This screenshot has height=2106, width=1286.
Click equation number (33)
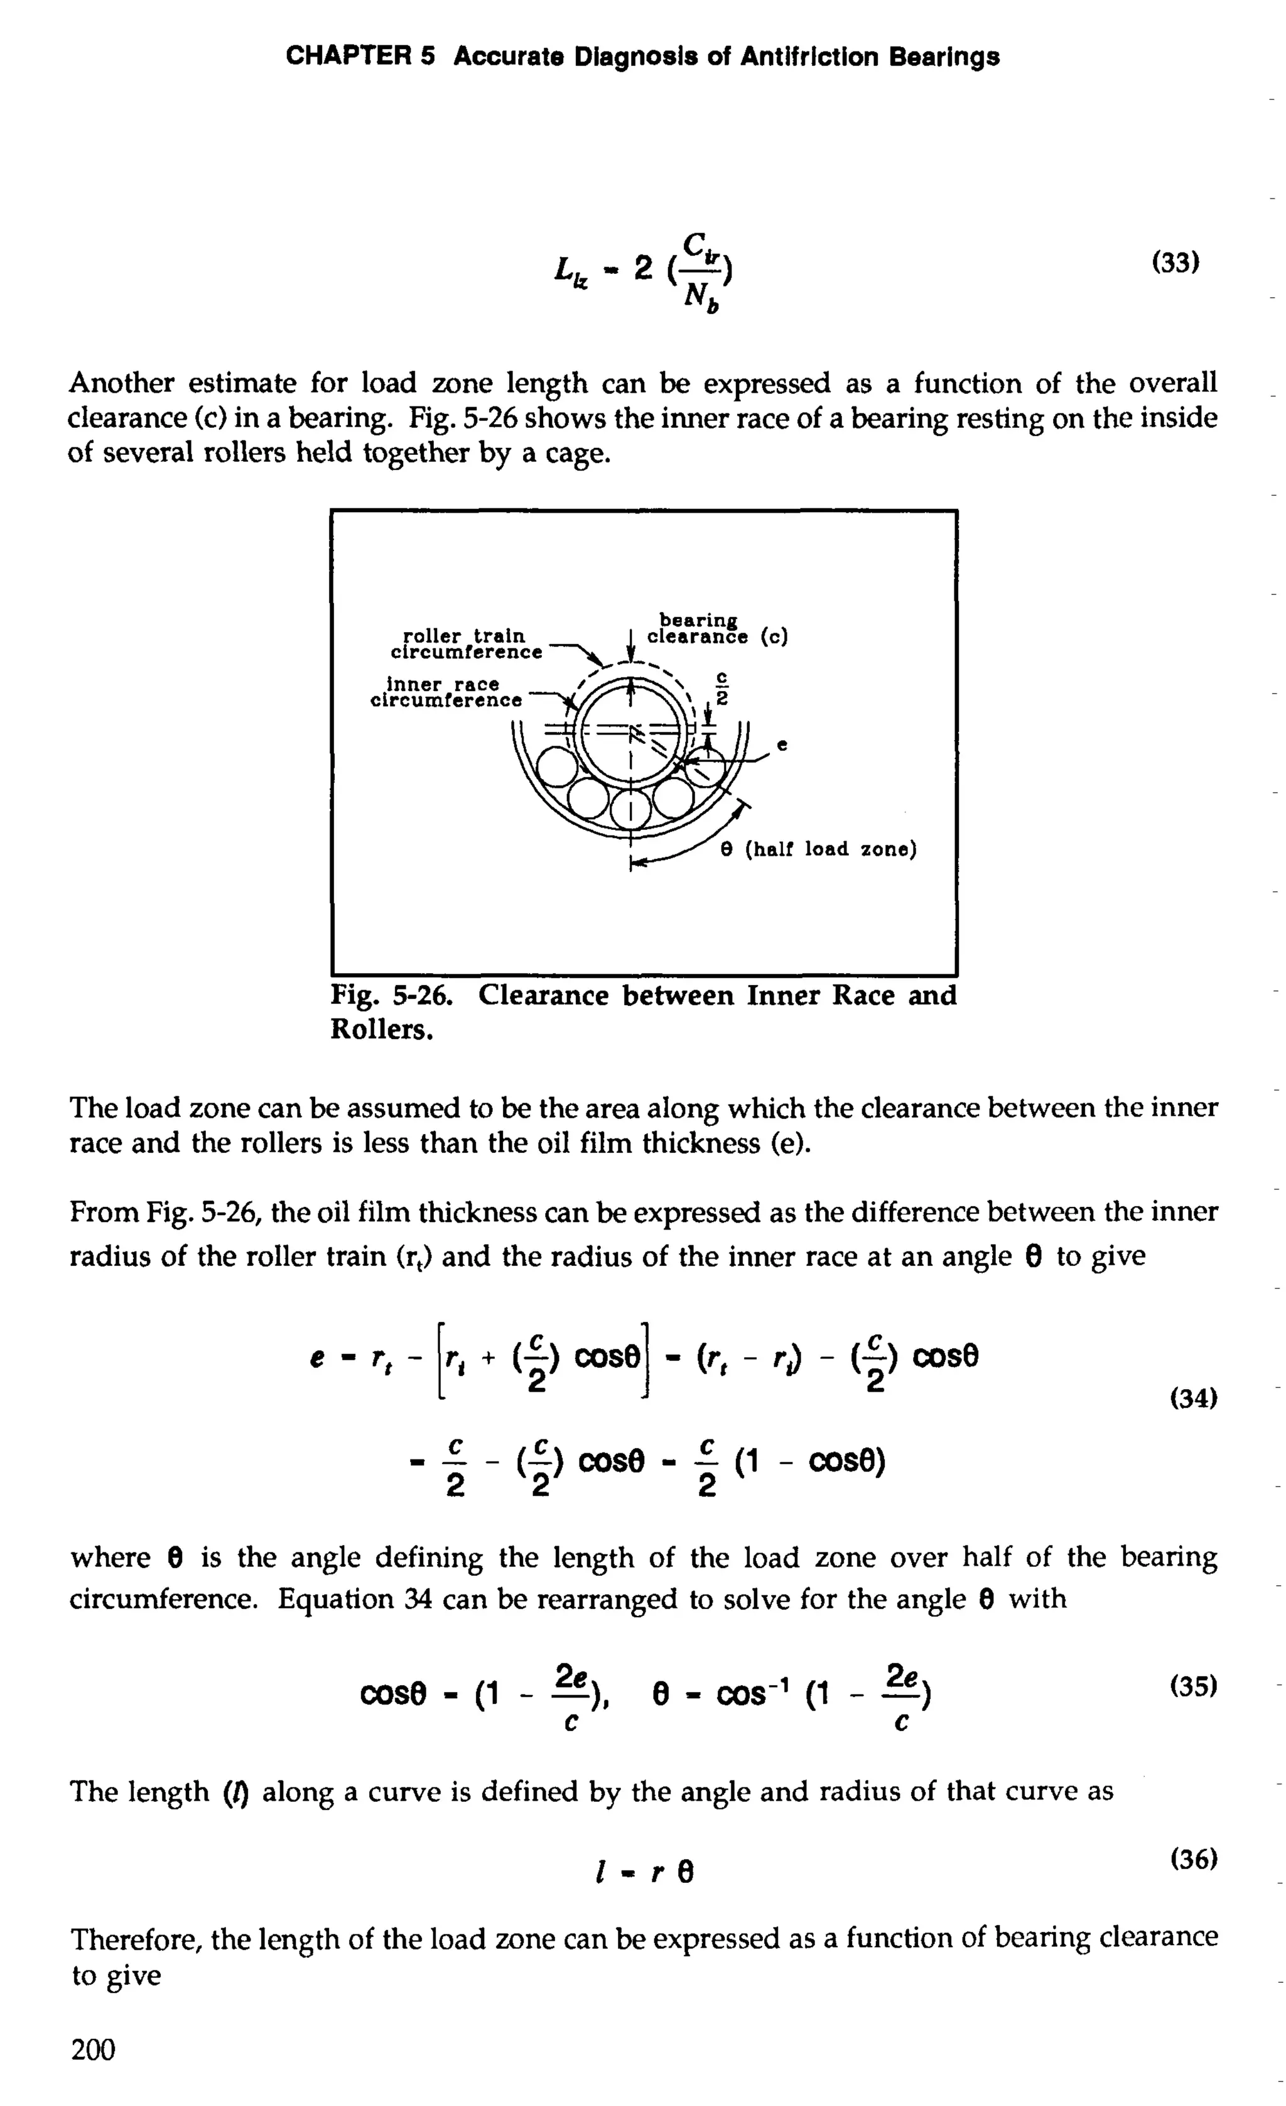coord(1175,263)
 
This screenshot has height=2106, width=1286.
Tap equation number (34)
coord(1192,1399)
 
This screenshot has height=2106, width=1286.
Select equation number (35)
coord(1192,1686)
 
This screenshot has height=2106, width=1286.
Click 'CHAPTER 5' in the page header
coord(360,57)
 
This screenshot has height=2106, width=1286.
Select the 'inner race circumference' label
coord(445,692)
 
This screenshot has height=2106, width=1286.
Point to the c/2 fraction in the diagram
coord(721,689)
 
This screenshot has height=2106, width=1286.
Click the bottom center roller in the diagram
coord(630,807)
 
